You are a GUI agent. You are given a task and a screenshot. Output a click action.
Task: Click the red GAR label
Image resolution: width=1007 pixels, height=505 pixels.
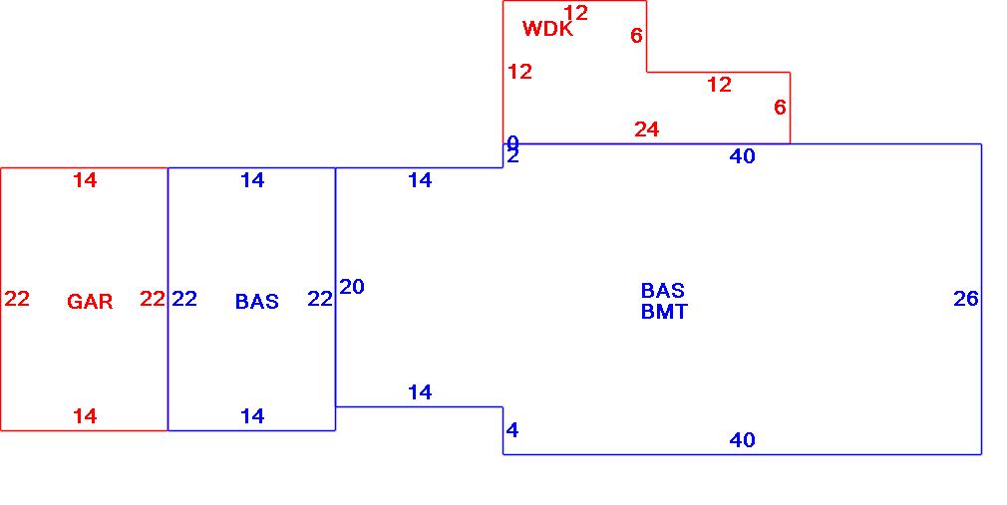pyautogui.click(x=90, y=302)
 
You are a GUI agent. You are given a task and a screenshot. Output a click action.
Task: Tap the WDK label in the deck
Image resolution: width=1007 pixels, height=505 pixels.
pyautogui.click(x=547, y=29)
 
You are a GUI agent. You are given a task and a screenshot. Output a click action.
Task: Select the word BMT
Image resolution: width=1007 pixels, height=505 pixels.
pyautogui.click(x=664, y=312)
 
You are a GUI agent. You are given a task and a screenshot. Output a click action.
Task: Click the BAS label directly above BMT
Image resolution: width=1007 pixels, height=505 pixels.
pyautogui.click(x=663, y=291)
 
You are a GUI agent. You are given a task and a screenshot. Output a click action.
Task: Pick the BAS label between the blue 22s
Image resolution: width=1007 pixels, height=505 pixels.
pyautogui.click(x=257, y=302)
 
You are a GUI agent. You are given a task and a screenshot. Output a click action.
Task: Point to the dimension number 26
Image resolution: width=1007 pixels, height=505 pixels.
pyautogui.click(x=966, y=299)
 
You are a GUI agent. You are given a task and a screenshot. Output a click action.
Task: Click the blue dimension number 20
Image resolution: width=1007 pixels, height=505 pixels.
pyautogui.click(x=352, y=287)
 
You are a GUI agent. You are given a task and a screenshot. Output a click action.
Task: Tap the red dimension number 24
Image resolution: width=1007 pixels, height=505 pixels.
pyautogui.click(x=647, y=129)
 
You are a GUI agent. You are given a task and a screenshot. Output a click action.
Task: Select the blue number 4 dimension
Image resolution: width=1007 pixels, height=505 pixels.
pyautogui.click(x=512, y=431)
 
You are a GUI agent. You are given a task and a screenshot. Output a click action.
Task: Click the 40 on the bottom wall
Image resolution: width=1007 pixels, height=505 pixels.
pyautogui.click(x=743, y=440)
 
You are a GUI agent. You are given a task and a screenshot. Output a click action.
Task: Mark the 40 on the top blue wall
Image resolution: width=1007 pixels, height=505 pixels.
pyautogui.click(x=743, y=156)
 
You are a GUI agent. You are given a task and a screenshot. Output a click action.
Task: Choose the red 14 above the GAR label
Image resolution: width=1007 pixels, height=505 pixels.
pyautogui.click(x=86, y=180)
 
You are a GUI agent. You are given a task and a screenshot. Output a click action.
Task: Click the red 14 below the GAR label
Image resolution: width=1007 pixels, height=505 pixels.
pyautogui.click(x=86, y=416)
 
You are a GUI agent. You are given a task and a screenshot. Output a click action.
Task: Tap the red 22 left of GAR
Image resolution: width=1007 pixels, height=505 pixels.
pyautogui.click(x=17, y=299)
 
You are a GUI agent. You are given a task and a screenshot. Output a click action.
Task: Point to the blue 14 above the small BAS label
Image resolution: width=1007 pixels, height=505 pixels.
pyautogui.click(x=253, y=180)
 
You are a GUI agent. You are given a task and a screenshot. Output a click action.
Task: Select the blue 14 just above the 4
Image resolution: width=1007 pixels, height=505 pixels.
pyautogui.click(x=420, y=392)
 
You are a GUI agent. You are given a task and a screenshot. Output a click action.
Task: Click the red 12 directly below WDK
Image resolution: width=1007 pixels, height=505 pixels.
pyautogui.click(x=519, y=72)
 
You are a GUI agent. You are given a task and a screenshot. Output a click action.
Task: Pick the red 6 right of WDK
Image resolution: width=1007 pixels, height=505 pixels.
pyautogui.click(x=636, y=36)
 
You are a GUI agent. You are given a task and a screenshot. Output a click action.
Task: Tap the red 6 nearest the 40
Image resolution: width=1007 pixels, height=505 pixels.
pyautogui.click(x=780, y=108)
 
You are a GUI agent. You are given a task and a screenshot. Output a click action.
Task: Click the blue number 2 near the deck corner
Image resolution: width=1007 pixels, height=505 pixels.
pyautogui.click(x=512, y=155)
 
